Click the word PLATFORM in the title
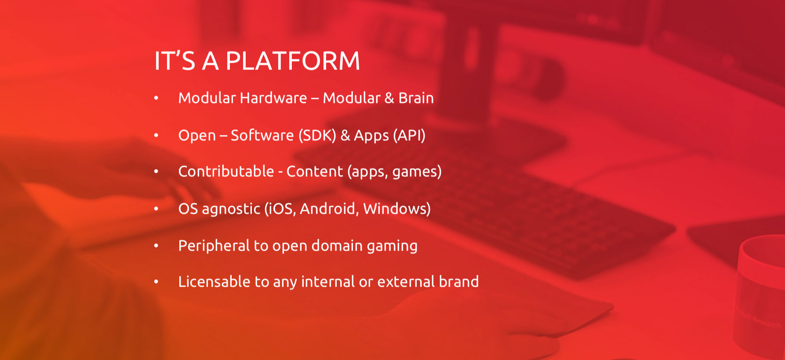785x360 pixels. coord(293,61)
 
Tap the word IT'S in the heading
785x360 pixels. coord(174,61)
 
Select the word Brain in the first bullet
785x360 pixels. coord(416,98)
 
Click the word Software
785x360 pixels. coord(262,135)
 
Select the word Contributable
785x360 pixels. coord(226,171)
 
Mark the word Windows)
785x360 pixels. coord(397,208)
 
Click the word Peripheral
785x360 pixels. coord(214,246)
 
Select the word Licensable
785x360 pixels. coord(214,281)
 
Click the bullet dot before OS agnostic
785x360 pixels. coord(156,209)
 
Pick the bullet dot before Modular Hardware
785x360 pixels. coord(156,98)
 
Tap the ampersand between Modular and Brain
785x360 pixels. coord(389,98)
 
